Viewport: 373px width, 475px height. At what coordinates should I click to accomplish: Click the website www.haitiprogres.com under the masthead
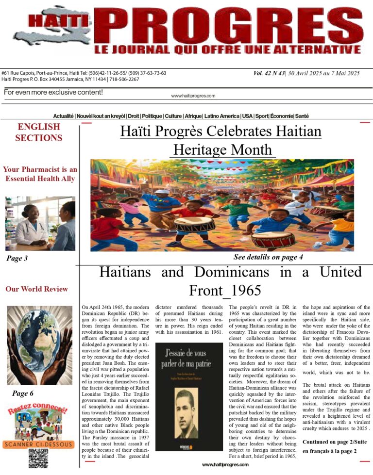pyautogui.click(x=193, y=96)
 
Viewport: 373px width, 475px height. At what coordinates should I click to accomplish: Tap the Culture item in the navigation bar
pyautogui.click(x=173, y=116)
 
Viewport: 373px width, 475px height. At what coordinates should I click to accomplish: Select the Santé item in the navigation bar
pyautogui.click(x=302, y=116)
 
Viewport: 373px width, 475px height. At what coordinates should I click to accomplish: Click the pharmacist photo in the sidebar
pyautogui.click(x=40, y=223)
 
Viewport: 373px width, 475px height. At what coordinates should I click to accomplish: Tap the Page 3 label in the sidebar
pyautogui.click(x=17, y=259)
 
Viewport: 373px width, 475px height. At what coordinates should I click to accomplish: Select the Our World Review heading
pyautogui.click(x=36, y=289)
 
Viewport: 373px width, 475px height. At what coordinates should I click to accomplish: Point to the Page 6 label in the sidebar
pyautogui.click(x=23, y=393)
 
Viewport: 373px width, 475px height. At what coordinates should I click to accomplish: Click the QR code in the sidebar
pyautogui.click(x=38, y=459)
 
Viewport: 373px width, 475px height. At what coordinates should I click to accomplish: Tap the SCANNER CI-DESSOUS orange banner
pyautogui.click(x=38, y=443)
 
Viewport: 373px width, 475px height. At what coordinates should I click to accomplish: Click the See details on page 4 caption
pyautogui.click(x=268, y=257)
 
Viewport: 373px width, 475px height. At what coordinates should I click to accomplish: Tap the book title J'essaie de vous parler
pyautogui.click(x=187, y=356)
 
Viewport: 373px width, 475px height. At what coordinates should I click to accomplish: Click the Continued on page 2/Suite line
pyautogui.click(x=335, y=442)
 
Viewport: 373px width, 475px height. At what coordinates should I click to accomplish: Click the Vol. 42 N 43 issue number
pyautogui.click(x=273, y=73)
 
